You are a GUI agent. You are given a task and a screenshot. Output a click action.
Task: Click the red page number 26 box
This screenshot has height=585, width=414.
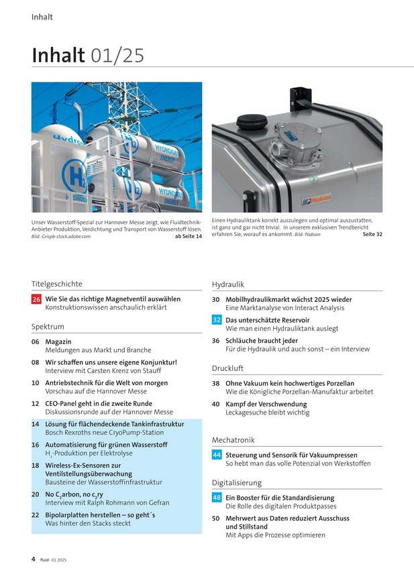(36, 299)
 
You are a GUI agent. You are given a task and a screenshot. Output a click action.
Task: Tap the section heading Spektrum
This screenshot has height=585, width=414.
(47, 327)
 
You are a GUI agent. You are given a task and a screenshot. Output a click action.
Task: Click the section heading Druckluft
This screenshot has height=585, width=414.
(227, 368)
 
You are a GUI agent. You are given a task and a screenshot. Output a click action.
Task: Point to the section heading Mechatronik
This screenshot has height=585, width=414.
(233, 439)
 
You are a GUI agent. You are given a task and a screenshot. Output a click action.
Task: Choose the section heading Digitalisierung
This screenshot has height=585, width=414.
(237, 482)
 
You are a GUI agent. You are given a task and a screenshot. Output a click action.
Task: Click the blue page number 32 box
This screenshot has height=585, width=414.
(217, 320)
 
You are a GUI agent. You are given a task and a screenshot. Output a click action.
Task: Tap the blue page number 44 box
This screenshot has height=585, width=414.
(217, 455)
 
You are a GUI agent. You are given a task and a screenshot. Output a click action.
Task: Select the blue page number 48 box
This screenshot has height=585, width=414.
(217, 498)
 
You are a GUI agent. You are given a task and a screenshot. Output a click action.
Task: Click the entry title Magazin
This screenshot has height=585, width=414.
(58, 341)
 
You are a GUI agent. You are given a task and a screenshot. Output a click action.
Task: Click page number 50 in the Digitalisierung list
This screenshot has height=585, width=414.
(216, 519)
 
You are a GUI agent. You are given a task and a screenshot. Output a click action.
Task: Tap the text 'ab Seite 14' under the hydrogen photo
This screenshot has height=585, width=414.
(188, 236)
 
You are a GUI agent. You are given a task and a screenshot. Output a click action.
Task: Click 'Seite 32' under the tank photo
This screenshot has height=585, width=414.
(372, 234)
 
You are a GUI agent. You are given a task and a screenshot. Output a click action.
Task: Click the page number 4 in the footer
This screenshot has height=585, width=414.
(33, 558)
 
